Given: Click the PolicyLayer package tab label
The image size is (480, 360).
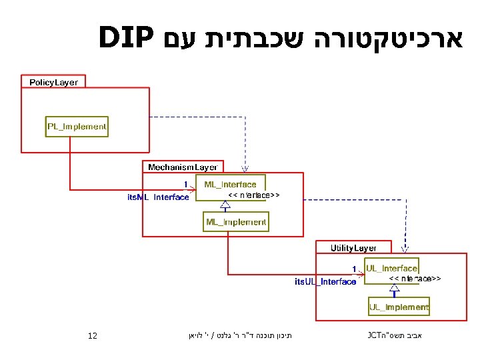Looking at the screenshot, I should (x=53, y=82).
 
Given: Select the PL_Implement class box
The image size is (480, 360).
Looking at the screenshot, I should (x=77, y=126).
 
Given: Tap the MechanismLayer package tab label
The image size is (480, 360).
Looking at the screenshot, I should (x=183, y=167).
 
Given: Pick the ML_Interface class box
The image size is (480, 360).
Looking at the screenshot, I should (x=230, y=184).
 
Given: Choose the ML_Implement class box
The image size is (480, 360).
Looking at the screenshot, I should (x=236, y=222).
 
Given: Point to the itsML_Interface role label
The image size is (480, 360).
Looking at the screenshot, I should (x=158, y=197).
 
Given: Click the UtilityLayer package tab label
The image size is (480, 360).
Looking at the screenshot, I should (x=354, y=248).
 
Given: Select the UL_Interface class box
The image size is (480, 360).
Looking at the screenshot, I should (x=391, y=268).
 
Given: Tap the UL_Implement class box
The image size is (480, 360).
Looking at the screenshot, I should (x=399, y=307).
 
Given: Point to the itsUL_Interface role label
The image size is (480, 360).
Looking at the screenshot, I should (x=325, y=281).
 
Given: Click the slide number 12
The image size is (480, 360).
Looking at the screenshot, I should (x=93, y=335).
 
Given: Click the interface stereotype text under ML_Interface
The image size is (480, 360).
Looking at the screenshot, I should (x=254, y=195).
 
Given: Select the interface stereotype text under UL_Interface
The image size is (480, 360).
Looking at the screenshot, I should (x=414, y=277).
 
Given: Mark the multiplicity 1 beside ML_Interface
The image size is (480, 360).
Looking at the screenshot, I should (x=185, y=184).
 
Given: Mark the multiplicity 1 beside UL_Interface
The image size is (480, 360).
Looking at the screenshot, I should (x=355, y=267).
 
